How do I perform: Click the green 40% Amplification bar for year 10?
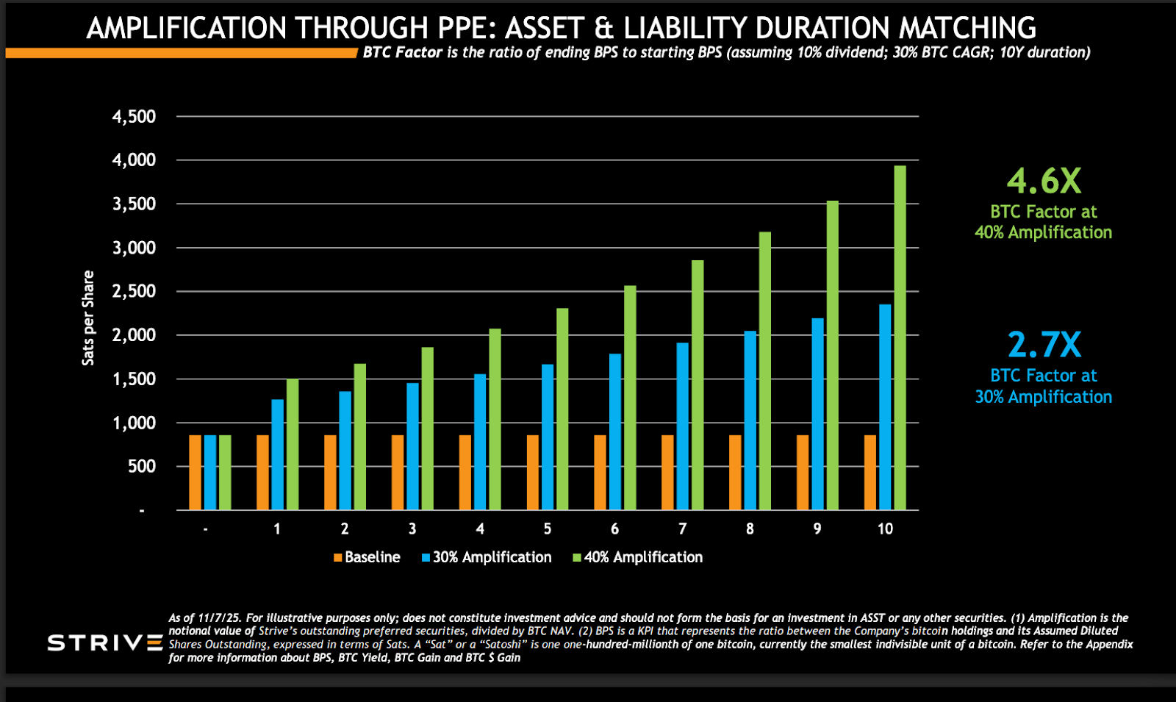900,338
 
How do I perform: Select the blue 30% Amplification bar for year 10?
885,407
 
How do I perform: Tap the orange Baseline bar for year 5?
533,473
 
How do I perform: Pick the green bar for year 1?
293,445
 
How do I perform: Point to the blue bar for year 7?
683,426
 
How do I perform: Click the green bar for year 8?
765,371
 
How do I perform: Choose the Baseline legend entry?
367,557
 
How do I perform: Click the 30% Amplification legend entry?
487,557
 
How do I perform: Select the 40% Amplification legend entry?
638,557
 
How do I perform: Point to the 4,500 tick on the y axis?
134,117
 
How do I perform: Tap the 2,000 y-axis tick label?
134,335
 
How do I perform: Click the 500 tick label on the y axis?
142,466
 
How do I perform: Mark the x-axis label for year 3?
412,529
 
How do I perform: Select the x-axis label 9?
817,529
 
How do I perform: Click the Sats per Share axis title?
88,318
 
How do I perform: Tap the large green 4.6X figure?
1044,181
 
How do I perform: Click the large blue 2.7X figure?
1044,345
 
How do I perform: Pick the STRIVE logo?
105,643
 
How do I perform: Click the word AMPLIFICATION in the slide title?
186,29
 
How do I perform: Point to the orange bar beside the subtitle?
181,53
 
